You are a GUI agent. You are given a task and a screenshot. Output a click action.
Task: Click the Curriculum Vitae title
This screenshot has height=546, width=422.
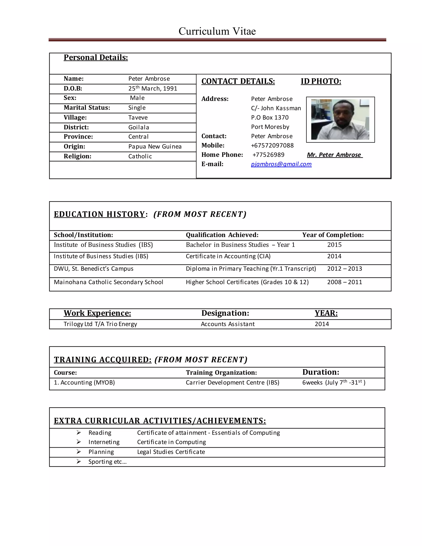pos(217,31)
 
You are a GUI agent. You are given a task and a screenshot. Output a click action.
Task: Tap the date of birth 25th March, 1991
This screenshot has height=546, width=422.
pos(152,89)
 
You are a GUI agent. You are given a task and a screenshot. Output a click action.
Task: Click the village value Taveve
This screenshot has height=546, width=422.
pos(138,117)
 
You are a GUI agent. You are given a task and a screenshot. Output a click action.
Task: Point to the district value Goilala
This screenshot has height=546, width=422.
pos(138,127)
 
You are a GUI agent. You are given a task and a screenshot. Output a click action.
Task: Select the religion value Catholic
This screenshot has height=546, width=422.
pos(140,156)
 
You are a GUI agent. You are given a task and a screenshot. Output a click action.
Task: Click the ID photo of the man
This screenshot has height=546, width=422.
pos(340,119)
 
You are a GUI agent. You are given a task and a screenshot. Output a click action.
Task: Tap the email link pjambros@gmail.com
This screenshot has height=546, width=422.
pos(281,164)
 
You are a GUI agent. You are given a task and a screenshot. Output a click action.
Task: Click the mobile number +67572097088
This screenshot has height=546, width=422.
pos(272,145)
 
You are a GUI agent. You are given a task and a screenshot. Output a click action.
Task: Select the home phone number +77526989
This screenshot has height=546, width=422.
pos(268,155)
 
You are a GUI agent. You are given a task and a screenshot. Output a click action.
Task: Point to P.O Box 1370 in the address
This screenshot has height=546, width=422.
pos(270,117)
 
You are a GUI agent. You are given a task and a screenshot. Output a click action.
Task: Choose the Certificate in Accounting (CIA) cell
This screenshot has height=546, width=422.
pos(228,256)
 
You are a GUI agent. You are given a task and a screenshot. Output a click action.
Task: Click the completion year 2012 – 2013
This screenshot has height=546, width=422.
pos(344,268)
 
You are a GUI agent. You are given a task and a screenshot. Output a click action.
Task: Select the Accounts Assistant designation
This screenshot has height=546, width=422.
pos(227,324)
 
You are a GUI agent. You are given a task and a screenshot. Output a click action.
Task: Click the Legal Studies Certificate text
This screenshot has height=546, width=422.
pos(171,452)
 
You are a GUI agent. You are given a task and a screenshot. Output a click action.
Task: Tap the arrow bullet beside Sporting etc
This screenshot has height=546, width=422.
pos(79,461)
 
